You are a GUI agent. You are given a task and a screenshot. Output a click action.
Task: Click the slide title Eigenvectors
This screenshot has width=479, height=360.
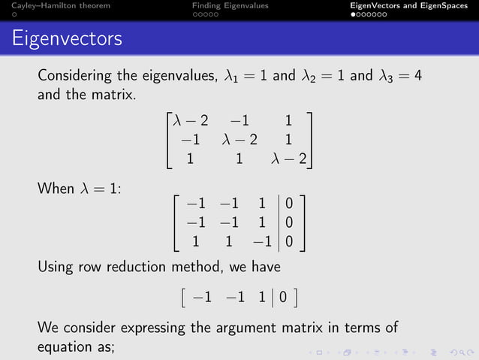point(68,37)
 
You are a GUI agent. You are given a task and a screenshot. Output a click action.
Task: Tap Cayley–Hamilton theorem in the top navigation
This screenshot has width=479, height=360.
point(56,6)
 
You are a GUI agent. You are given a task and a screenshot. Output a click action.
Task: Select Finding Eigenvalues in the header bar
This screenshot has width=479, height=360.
point(230,6)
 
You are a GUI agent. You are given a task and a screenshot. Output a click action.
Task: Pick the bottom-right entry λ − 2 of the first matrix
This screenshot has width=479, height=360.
point(289,159)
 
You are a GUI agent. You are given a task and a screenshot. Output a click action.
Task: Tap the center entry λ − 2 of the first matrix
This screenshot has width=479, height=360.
point(239,140)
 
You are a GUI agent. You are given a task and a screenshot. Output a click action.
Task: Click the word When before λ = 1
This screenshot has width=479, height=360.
point(55,189)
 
